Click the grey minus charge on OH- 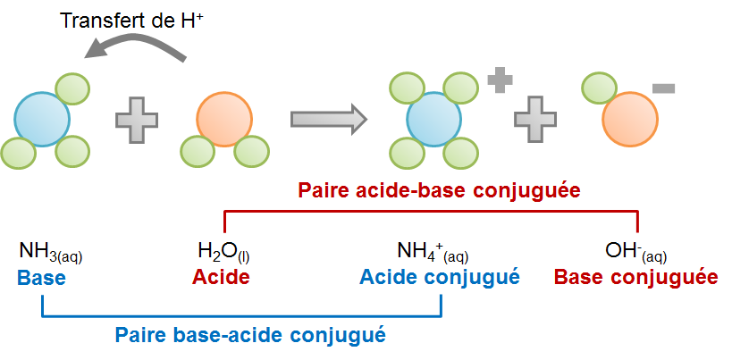click(x=664, y=88)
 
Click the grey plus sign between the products click(x=535, y=118)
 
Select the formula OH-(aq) click(x=635, y=252)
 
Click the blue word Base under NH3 click(x=41, y=277)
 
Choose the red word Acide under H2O click(x=221, y=277)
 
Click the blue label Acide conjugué click(x=440, y=277)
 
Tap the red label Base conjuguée click(x=635, y=277)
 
